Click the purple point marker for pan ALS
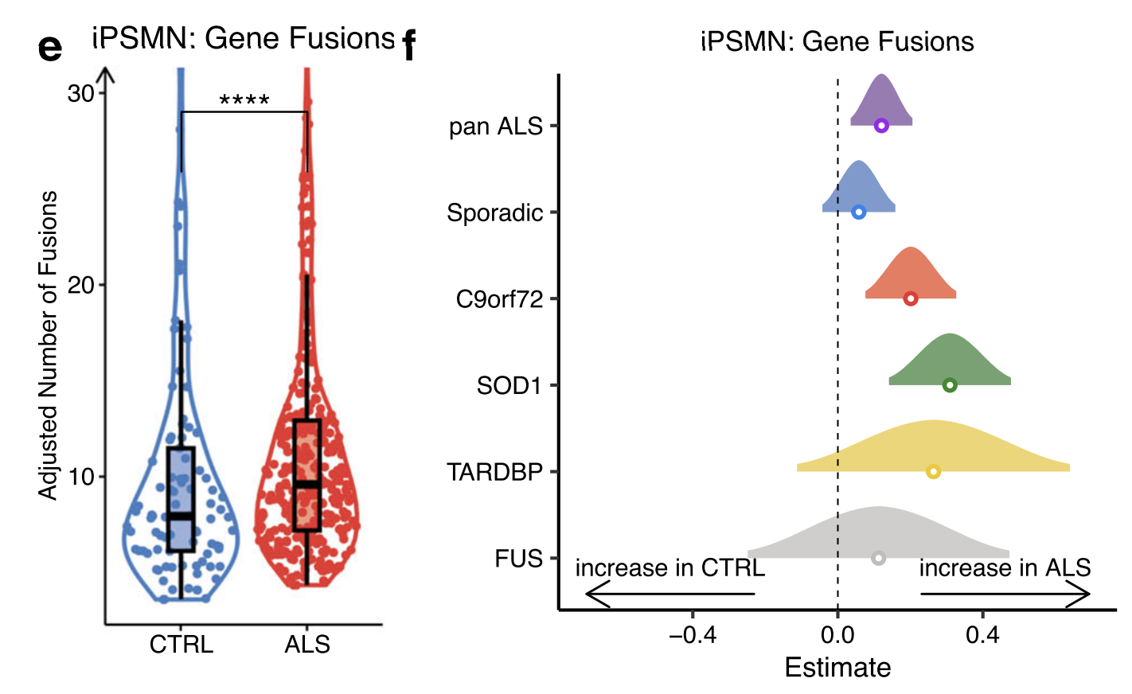pos(881,126)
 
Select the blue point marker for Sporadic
pos(859,212)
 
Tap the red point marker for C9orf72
pos(911,298)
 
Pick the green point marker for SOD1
pos(950,385)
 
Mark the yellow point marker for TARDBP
pos(934,472)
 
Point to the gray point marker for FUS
pos(878,559)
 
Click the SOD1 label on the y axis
pos(509,386)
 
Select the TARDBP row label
pos(494,473)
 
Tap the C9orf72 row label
pos(499,299)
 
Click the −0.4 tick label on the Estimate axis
pos(693,634)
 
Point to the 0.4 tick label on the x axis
pos(982,634)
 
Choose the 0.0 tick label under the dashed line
pos(837,634)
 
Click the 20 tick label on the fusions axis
pos(81,285)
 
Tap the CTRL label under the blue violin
pos(182,644)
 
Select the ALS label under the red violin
pos(307,644)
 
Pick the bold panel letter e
pos(50,48)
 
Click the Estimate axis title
pos(837,668)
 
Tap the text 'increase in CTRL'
pos(669,568)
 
